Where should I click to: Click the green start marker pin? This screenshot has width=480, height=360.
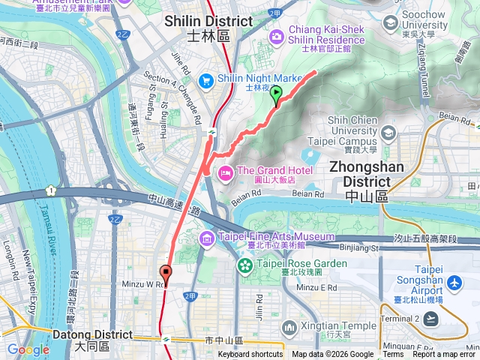pyautogui.click(x=276, y=95)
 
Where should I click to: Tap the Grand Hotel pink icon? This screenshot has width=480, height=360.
pyautogui.click(x=225, y=173)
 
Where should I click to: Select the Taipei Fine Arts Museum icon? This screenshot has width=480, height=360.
pyautogui.click(x=206, y=238)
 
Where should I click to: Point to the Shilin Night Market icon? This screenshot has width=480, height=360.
pyautogui.click(x=205, y=79)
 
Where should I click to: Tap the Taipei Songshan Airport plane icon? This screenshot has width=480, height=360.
pyautogui.click(x=454, y=283)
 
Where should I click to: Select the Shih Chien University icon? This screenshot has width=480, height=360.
pyautogui.click(x=388, y=133)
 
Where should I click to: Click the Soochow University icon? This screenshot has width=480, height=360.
pyautogui.click(x=389, y=22)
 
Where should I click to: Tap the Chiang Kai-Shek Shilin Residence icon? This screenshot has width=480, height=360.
pyautogui.click(x=277, y=35)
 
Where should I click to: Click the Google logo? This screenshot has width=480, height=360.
pyautogui.click(x=28, y=349)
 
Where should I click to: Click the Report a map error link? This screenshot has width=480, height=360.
pyautogui.click(x=445, y=355)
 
